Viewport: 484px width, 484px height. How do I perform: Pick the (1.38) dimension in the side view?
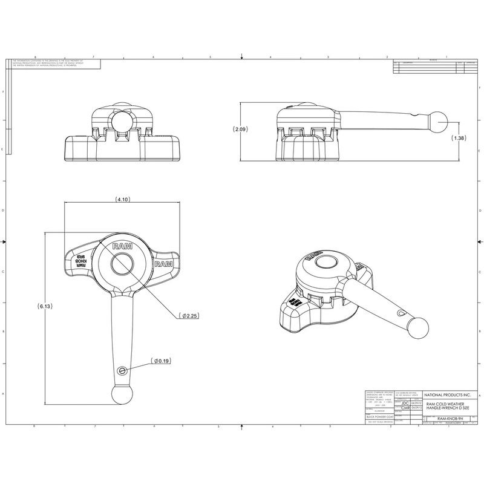click(x=460, y=139)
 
